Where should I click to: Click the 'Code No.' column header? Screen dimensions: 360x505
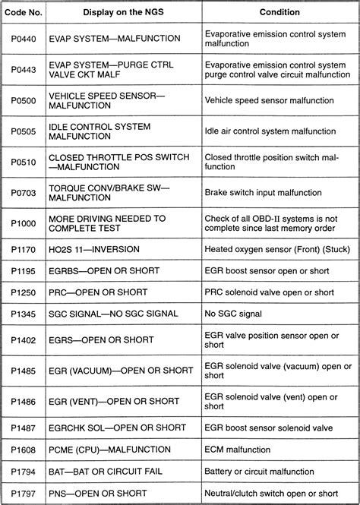point(24,12)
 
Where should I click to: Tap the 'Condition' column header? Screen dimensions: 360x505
point(279,12)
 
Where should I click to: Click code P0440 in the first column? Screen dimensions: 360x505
point(24,38)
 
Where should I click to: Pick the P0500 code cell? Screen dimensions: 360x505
point(24,100)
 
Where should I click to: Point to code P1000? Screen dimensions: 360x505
point(24,224)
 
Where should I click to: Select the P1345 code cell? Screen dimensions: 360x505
point(24,314)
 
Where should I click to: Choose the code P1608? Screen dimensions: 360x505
point(24,450)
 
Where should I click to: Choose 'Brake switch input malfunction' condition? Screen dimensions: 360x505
point(270,194)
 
